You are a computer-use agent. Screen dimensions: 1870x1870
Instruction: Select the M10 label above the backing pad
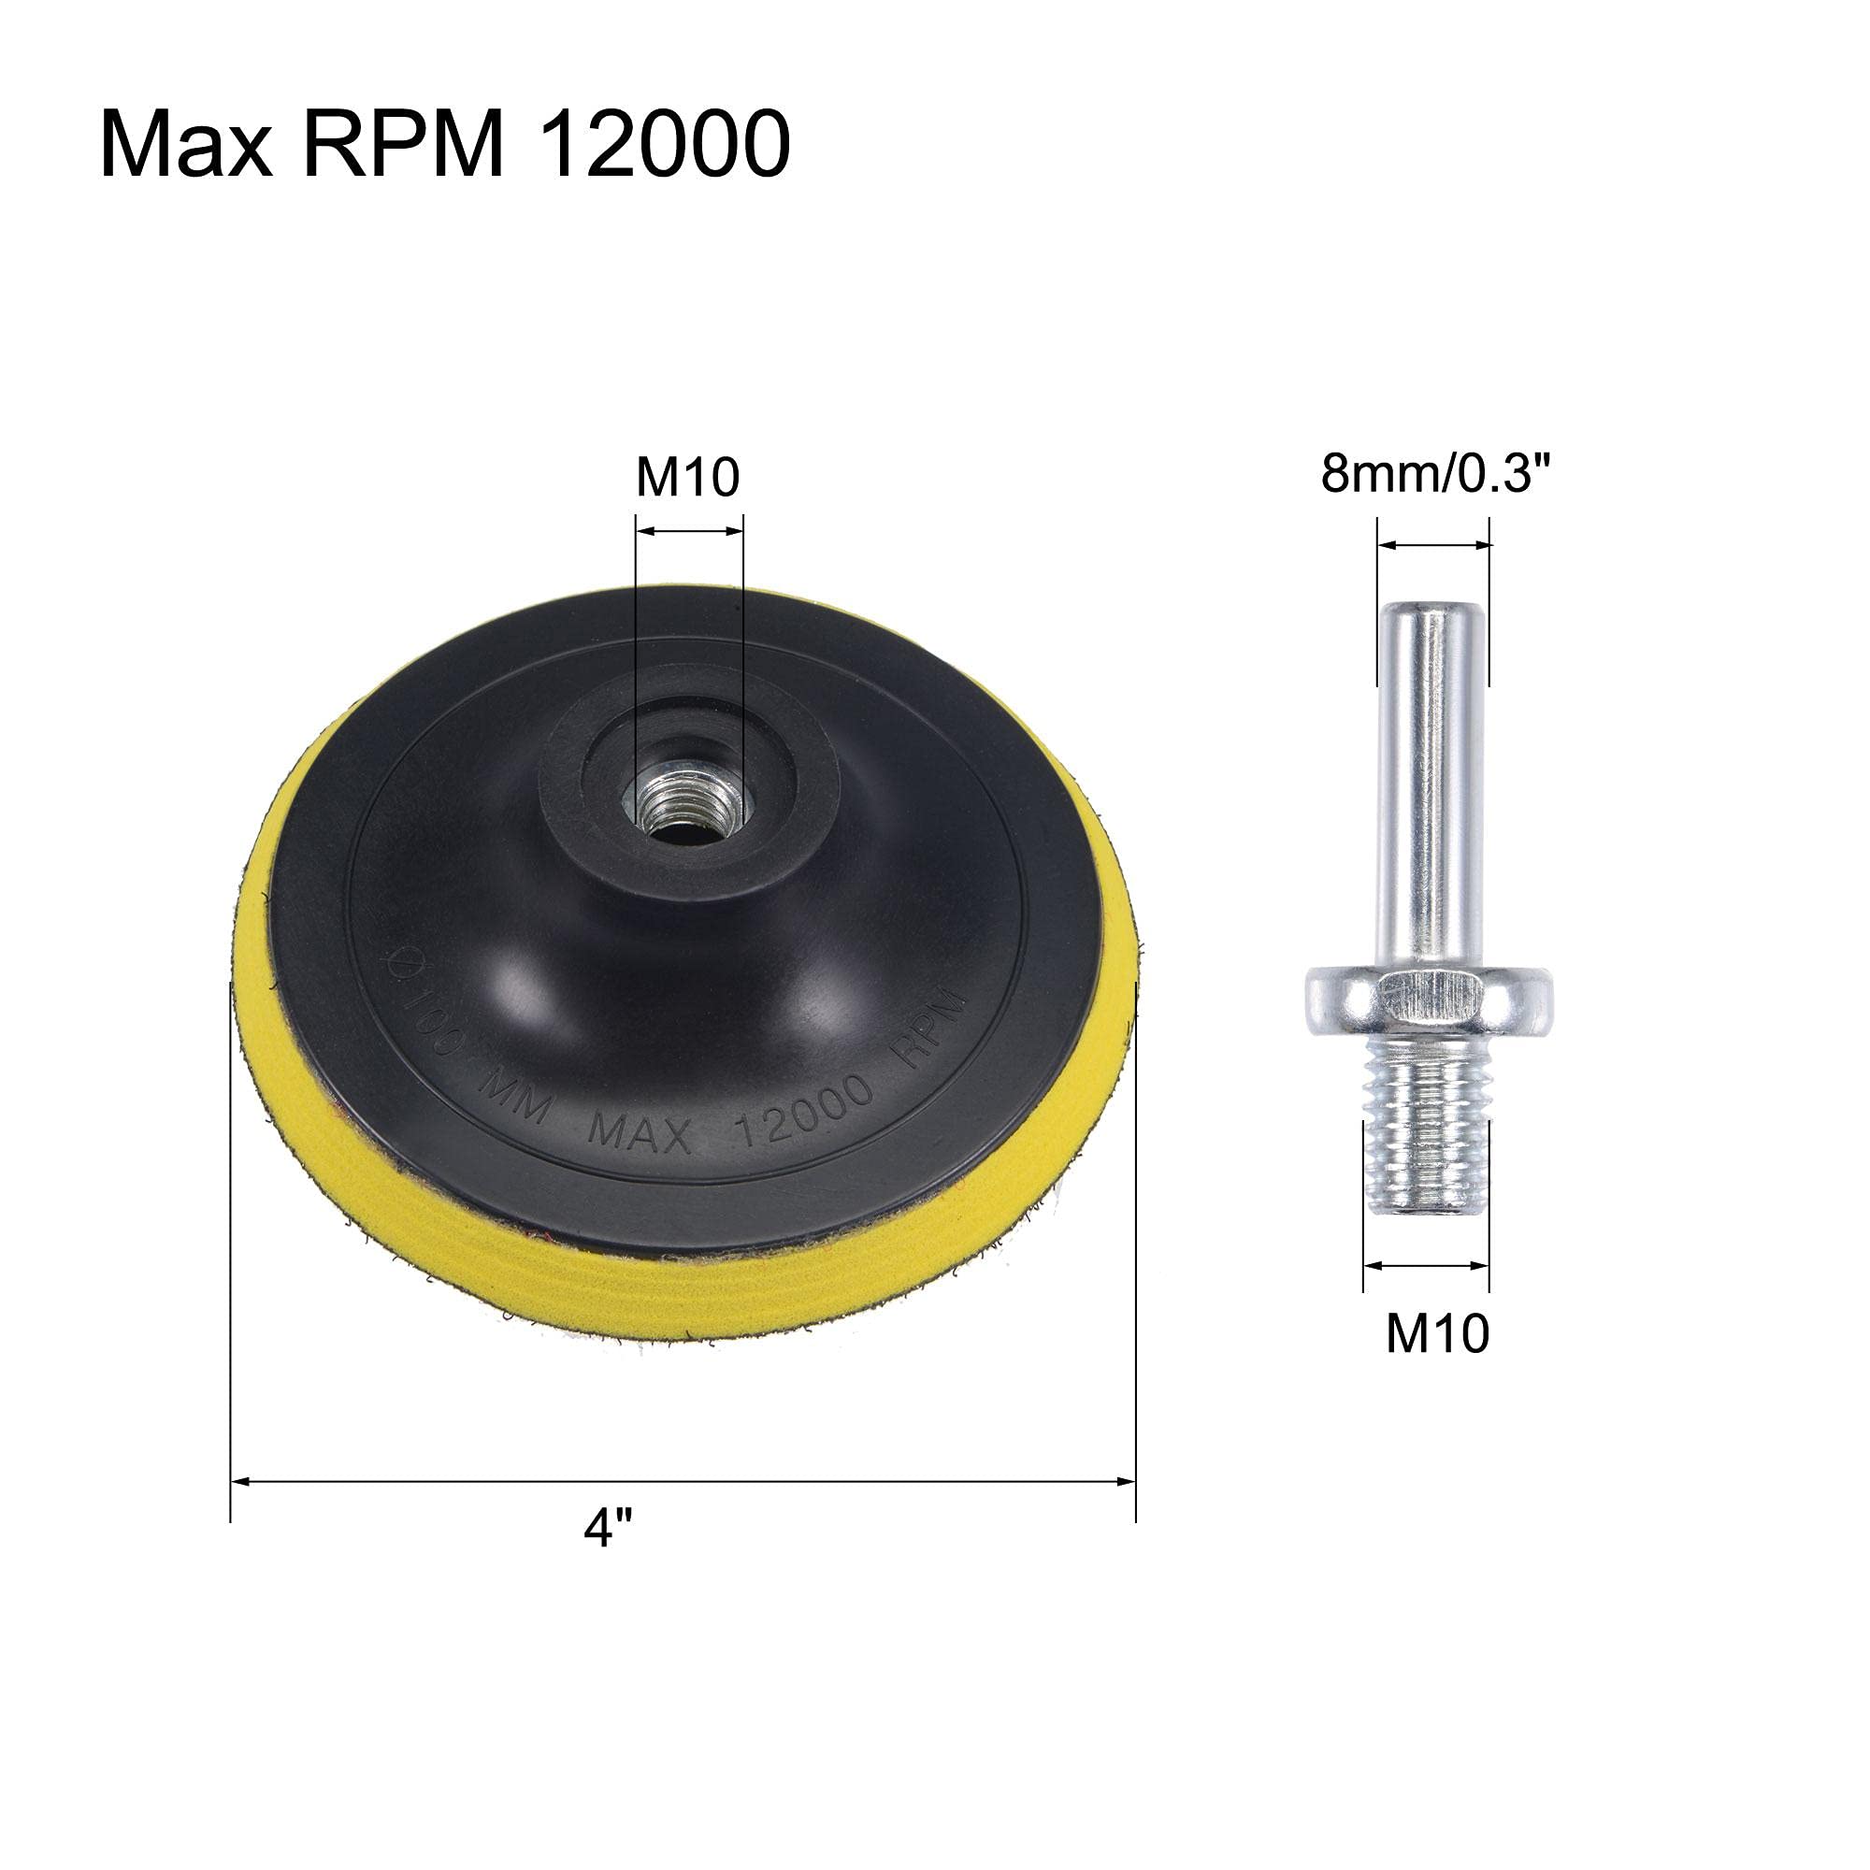tap(687, 477)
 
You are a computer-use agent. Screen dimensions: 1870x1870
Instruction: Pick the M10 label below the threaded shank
tap(1437, 1334)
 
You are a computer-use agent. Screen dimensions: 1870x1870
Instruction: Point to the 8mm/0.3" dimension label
tap(1436, 474)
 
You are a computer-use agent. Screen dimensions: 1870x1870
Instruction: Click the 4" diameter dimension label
tap(607, 1529)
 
